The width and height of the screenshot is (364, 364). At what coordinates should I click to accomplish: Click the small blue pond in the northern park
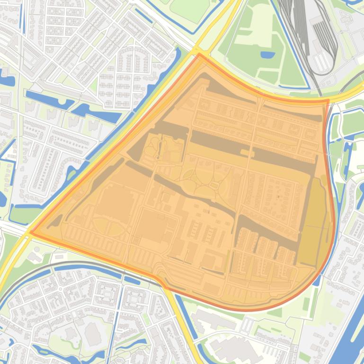pyautogui.click(x=267, y=55)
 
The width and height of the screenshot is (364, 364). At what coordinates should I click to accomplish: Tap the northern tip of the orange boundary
pyautogui.click(x=199, y=54)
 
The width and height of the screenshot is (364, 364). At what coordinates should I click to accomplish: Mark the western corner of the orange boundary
pyautogui.click(x=30, y=232)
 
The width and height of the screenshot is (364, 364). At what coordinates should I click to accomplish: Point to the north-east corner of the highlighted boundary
pyautogui.click(x=327, y=100)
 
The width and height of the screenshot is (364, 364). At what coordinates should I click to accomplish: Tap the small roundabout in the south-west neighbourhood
pyautogui.click(x=61, y=288)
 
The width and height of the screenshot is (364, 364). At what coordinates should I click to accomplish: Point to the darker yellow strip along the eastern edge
pyautogui.click(x=315, y=222)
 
